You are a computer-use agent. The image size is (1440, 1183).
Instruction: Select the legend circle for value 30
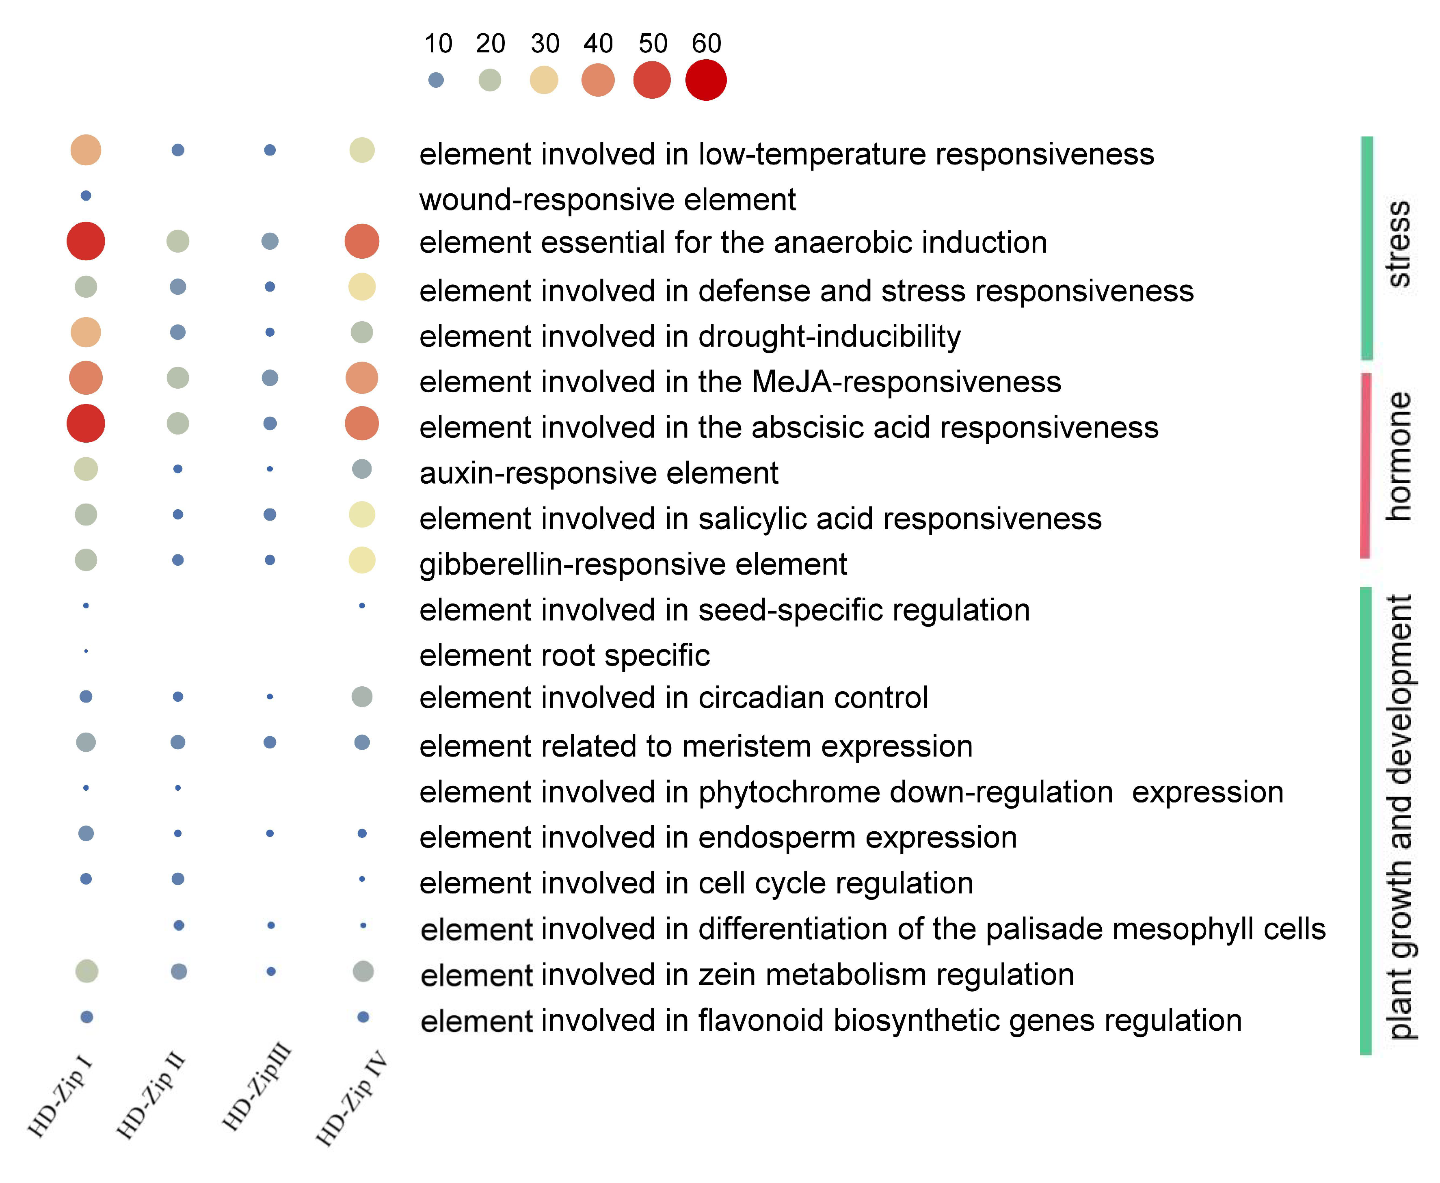pyautogui.click(x=543, y=80)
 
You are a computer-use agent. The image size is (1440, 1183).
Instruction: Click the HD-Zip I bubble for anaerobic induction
pyautogui.click(x=86, y=241)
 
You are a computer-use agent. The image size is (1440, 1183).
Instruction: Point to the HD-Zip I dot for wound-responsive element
pyautogui.click(x=86, y=196)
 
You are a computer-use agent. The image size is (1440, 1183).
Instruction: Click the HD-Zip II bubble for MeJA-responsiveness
pyautogui.click(x=178, y=378)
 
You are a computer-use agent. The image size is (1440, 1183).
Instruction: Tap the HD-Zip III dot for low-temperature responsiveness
pyautogui.click(x=270, y=150)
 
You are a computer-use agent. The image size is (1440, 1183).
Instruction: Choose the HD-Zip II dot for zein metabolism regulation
pyautogui.click(x=179, y=971)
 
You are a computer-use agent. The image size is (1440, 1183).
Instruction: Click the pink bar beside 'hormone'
pyautogui.click(x=1364, y=465)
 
